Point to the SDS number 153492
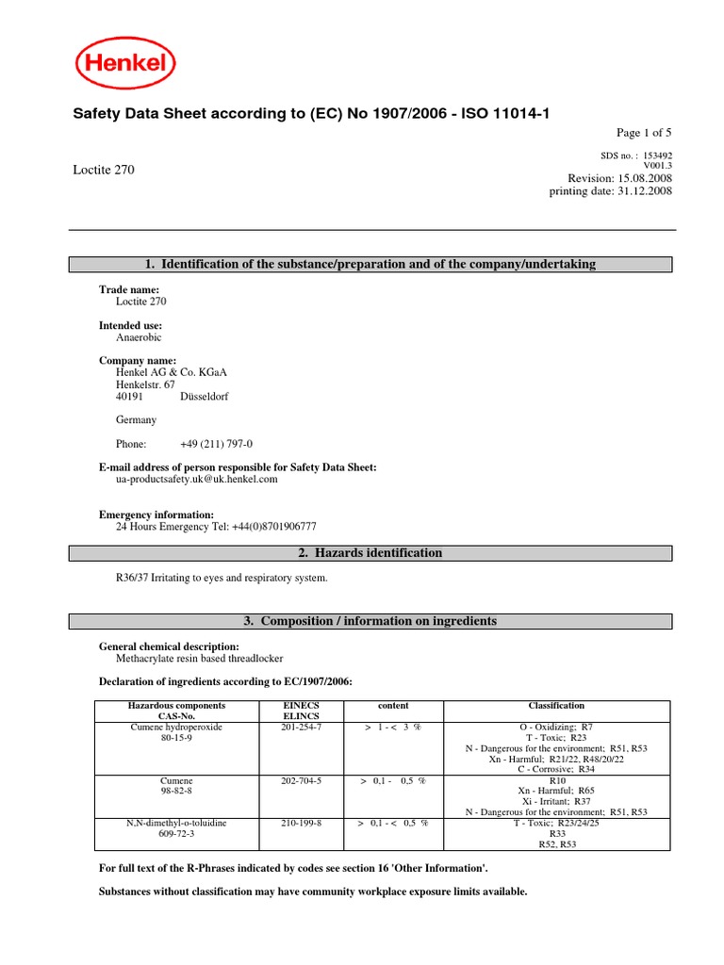(656, 155)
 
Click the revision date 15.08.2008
(644, 178)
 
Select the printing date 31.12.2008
(644, 191)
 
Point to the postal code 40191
(129, 397)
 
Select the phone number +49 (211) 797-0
(216, 444)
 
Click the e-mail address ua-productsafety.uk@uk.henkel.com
(196, 479)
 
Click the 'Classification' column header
(556, 705)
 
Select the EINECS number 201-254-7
(302, 728)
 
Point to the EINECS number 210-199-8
(302, 823)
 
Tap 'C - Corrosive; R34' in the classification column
(556, 769)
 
